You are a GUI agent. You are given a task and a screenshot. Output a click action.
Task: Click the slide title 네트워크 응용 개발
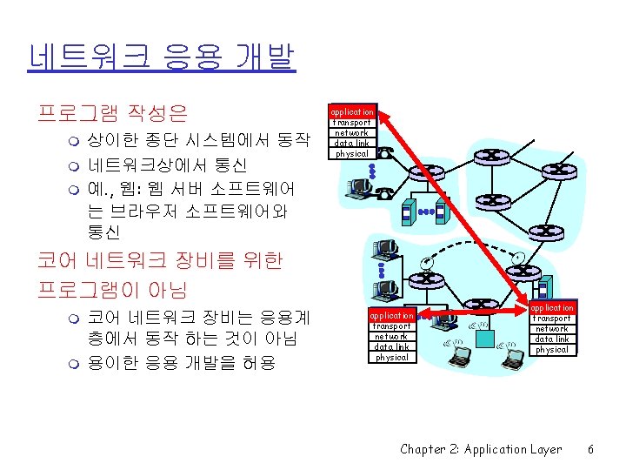pyautogui.click(x=162, y=58)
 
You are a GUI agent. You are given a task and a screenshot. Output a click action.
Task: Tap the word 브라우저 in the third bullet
pyautogui.click(x=153, y=211)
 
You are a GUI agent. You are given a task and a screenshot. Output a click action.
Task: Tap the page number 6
pyautogui.click(x=590, y=450)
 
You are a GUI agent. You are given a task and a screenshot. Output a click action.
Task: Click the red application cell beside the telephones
pyautogui.click(x=352, y=111)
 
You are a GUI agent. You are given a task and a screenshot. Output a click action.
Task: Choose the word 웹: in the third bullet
pyautogui.click(x=139, y=188)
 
